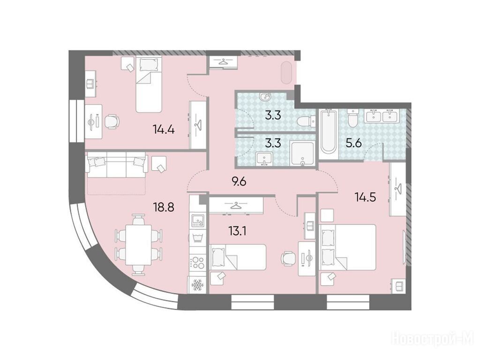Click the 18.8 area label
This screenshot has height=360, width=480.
coord(164,207)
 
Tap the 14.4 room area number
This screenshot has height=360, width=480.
coord(164,130)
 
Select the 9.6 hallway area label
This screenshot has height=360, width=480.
coord(239,182)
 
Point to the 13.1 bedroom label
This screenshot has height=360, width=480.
coord(238,231)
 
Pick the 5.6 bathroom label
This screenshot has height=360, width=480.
coord(354,143)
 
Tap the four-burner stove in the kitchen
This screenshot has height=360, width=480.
coord(198,262)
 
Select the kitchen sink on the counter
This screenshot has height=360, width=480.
coord(198,220)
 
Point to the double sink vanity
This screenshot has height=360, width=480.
coord(382,116)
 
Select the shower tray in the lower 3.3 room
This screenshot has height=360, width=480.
coord(302,154)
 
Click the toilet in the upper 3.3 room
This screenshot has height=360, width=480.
coord(306,122)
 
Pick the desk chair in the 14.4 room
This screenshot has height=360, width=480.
coord(112,121)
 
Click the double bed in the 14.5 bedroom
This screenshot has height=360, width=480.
coord(347,247)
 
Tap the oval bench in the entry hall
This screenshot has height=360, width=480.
coord(287,73)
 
